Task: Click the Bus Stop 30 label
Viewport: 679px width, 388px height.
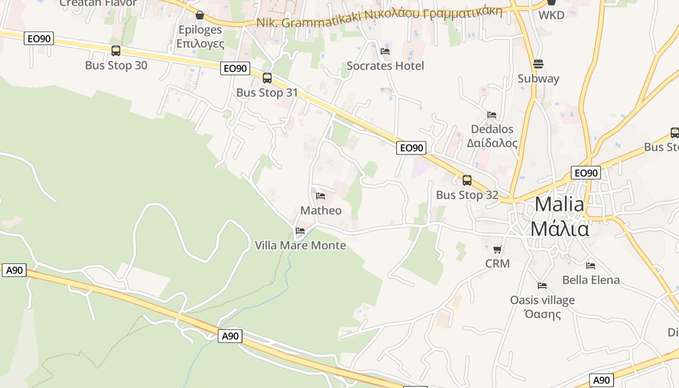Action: [116, 65]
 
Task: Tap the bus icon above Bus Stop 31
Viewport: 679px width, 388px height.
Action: [267, 78]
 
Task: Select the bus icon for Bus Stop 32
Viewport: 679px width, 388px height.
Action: [467, 180]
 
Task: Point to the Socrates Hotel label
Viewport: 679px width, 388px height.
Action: [385, 66]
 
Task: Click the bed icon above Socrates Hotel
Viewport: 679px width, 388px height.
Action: [385, 51]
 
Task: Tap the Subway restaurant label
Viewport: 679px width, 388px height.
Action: [538, 79]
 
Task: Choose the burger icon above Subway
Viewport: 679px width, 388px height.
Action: [538, 64]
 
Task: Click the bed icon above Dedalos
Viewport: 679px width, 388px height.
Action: [492, 115]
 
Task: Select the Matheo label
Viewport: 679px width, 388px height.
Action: [321, 210]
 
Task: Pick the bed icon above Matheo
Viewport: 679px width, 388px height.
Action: [320, 196]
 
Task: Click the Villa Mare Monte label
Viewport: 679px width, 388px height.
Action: [300, 245]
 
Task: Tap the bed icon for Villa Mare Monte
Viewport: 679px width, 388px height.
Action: [300, 230]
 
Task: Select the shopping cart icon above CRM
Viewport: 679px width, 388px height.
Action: [497, 250]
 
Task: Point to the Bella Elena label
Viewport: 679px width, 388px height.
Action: [591, 280]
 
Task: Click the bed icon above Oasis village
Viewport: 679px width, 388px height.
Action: [542, 286]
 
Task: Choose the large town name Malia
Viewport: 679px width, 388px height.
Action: [559, 205]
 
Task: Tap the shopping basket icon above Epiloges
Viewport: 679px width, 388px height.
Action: [199, 15]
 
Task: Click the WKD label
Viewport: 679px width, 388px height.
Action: [551, 15]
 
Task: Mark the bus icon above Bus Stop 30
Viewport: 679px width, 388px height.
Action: [116, 50]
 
